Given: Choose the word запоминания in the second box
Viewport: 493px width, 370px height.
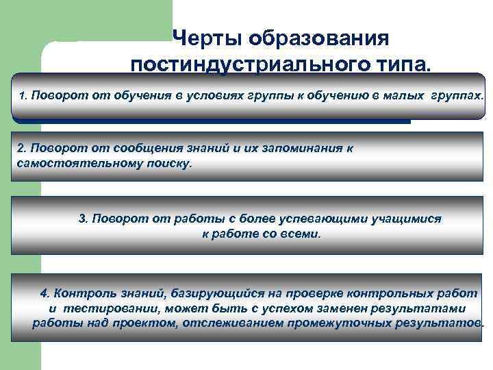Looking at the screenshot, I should coord(297,148).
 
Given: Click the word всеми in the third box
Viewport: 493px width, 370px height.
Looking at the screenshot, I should coord(301,234).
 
